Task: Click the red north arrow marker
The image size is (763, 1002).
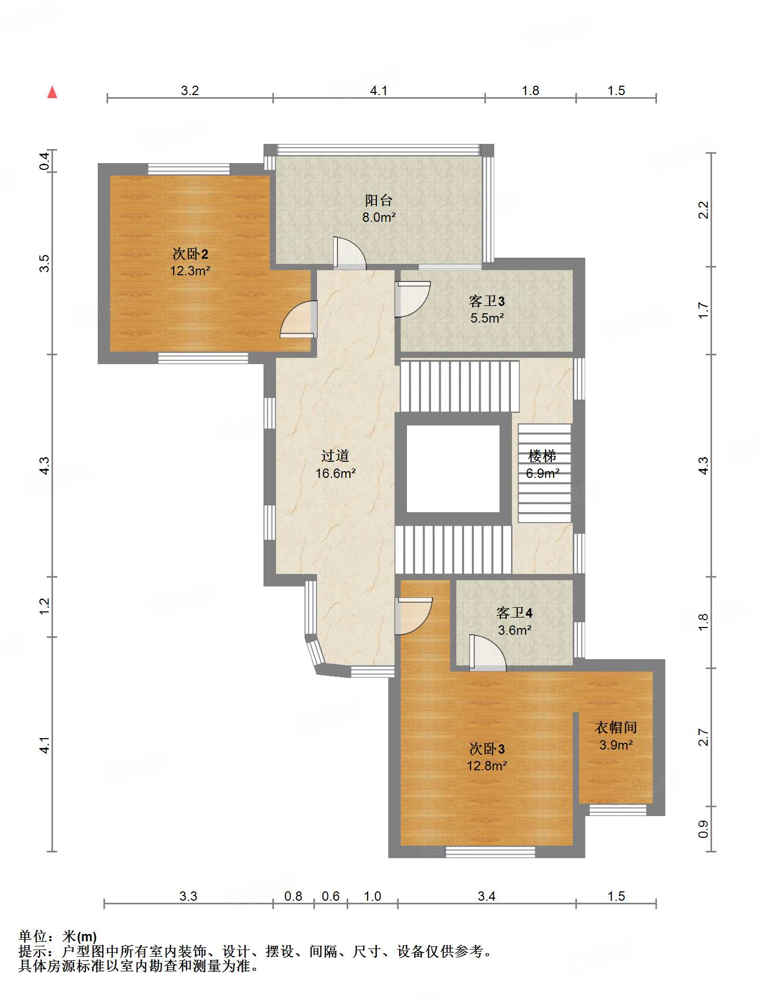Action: coord(52,92)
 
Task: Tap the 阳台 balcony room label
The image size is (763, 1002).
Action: coord(378,200)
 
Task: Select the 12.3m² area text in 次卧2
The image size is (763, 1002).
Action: coord(190,271)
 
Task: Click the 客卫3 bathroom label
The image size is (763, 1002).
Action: coord(487,301)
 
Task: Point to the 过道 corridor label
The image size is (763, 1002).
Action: coord(335,456)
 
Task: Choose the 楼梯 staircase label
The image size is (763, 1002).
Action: coord(542,456)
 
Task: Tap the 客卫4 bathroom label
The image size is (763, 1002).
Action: coord(515,613)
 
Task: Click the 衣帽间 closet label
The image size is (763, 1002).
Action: coord(616,728)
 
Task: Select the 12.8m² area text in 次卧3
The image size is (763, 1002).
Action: coord(487,766)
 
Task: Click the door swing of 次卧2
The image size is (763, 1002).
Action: coord(298,319)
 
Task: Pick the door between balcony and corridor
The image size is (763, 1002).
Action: coord(350,253)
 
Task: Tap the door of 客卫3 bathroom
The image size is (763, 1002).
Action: coord(413,299)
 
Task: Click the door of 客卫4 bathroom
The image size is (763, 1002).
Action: coord(488,652)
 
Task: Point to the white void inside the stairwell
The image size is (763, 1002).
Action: coord(453,469)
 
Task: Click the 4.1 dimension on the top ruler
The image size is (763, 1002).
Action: coord(378,90)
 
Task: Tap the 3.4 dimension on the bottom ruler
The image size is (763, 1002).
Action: coord(486,896)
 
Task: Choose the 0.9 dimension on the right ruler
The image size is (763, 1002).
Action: coord(703,829)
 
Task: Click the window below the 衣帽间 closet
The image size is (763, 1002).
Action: coord(618,810)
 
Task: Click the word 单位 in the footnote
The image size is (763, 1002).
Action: coord(33,937)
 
